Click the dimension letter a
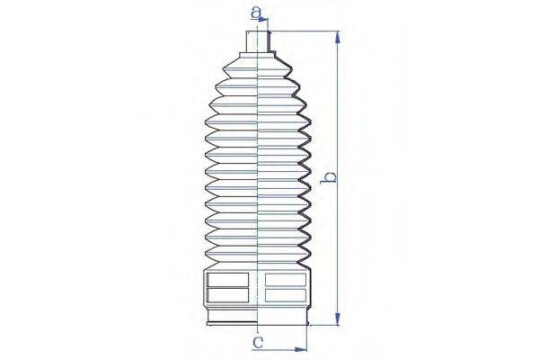[x=256, y=13]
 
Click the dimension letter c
[x=258, y=342]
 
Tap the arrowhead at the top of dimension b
[x=338, y=37]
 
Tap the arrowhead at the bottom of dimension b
[x=338, y=319]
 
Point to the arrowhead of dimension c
[x=301, y=350]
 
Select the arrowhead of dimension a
[x=263, y=20]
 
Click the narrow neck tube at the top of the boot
[x=258, y=41]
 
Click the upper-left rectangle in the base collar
[x=227, y=279]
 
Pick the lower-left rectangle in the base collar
[x=227, y=295]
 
